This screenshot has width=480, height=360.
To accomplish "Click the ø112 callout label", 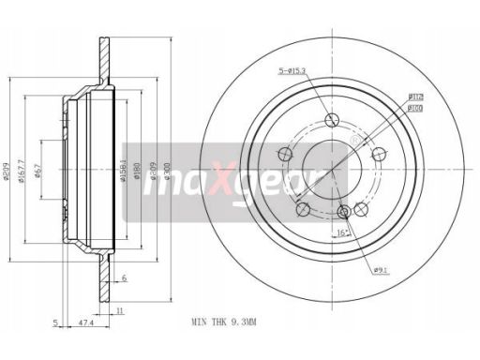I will tap(413, 96).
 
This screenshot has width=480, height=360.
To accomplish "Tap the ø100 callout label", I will tap(413, 107).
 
